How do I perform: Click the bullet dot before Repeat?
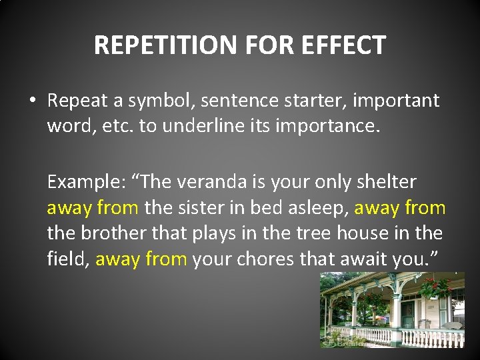coord(32,101)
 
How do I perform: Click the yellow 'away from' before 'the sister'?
coord(92,208)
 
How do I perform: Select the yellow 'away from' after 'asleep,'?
coord(400,208)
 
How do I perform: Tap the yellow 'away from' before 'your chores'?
coord(141,259)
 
